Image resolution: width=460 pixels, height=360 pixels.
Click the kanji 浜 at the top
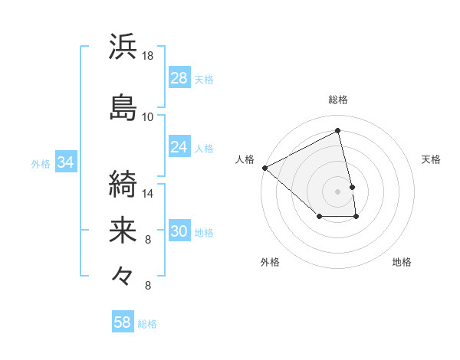(123, 47)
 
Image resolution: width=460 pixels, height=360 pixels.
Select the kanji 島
(123, 107)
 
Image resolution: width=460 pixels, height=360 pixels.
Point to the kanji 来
(123, 230)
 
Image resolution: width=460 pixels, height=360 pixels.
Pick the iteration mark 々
(123, 274)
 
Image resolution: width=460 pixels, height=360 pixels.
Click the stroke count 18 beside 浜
(148, 56)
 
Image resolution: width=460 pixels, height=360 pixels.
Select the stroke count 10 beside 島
(148, 116)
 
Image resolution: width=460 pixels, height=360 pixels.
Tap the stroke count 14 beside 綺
(148, 194)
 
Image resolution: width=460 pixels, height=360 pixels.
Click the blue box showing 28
(179, 78)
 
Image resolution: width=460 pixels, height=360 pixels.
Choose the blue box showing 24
(179, 147)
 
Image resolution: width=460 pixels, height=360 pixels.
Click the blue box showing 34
(65, 162)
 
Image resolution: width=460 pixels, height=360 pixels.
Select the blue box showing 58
(123, 322)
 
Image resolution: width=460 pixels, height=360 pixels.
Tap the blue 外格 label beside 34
(41, 163)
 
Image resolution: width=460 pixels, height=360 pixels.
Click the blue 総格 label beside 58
(147, 324)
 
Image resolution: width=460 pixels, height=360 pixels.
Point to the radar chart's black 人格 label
(245, 159)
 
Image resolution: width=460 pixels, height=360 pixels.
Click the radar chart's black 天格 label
(431, 159)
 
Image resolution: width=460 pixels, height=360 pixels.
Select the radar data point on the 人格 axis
(264, 168)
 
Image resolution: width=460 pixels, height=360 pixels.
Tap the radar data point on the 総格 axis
(338, 130)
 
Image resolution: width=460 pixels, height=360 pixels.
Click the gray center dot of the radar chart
(338, 191)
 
